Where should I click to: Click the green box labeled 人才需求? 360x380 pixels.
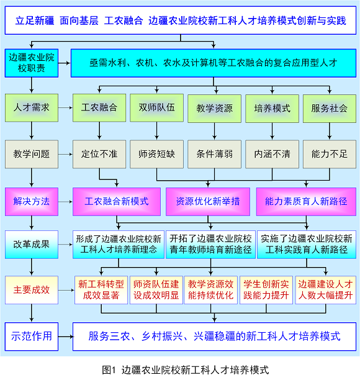[32, 108]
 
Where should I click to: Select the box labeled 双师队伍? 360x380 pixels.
[156, 108]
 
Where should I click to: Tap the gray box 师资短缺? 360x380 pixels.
[156, 154]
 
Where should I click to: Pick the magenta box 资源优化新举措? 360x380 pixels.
[208, 202]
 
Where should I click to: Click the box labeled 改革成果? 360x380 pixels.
[32, 245]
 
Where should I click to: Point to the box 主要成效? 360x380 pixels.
[32, 290]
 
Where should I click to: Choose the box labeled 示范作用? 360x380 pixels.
[32, 337]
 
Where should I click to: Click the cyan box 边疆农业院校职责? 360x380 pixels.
[32, 63]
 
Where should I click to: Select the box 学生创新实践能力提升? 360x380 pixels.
[266, 290]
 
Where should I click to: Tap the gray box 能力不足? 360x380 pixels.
[330, 154]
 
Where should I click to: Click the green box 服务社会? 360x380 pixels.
[330, 109]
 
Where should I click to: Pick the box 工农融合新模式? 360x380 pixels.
[117, 202]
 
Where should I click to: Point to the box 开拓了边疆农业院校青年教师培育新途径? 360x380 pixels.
[210, 245]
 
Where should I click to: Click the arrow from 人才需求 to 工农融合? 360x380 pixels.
[65, 108]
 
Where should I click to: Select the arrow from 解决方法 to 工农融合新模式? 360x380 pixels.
[65, 202]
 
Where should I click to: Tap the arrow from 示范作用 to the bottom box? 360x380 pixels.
[66, 337]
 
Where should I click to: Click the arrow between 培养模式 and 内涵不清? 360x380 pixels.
[272, 132]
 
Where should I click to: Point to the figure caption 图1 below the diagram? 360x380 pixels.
[186, 370]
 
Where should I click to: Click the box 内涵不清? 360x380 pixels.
[272, 154]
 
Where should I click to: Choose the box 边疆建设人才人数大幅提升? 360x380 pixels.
[326, 290]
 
